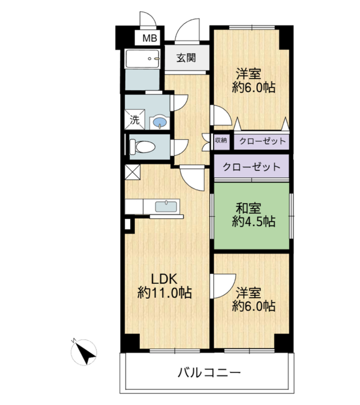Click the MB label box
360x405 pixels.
pos(149,37)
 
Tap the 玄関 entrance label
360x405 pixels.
pos(186,58)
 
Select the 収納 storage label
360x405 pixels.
pos(221,140)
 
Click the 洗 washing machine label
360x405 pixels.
pos(134,120)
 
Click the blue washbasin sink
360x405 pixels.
pos(159,122)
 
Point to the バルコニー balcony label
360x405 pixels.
pos(208,374)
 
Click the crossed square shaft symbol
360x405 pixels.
pos(132,172)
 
